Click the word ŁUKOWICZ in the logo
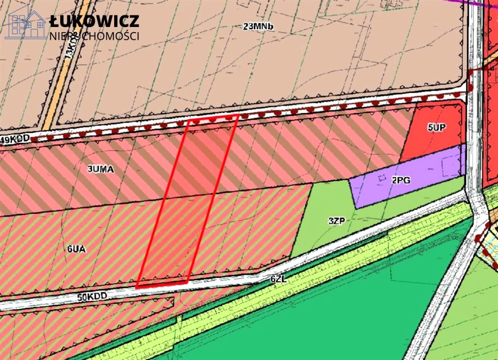point(94,21)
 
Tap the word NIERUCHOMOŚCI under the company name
point(94,36)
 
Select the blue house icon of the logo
point(26,25)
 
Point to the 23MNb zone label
point(258,26)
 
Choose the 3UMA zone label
point(101,168)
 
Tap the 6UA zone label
point(75,247)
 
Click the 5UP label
point(436,128)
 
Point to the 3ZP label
point(336,220)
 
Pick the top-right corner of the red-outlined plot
point(238,115)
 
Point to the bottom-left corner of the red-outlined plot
point(137,287)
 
